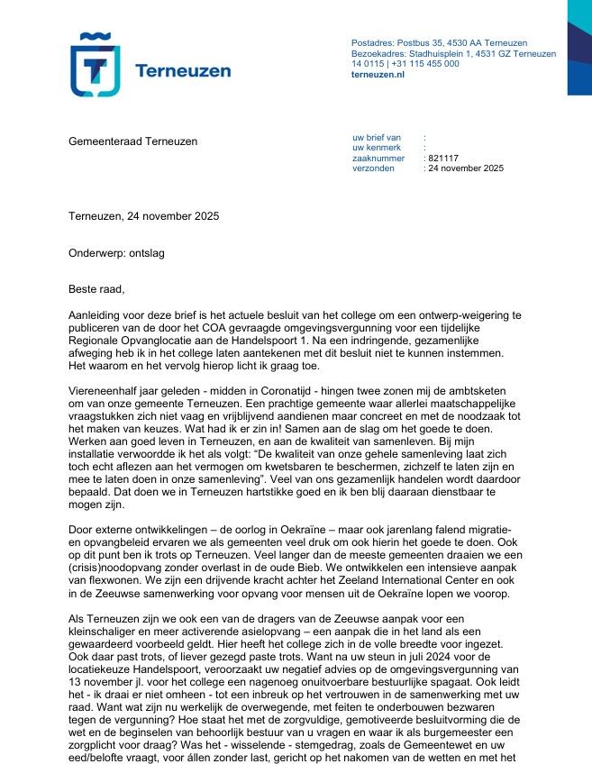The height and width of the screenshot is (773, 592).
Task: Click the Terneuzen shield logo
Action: [95, 65]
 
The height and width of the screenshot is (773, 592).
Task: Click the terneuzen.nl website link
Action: [378, 75]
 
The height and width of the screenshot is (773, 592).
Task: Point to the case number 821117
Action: [443, 158]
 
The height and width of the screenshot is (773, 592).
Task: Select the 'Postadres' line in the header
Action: [439, 43]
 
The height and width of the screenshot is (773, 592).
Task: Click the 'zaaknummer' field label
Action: [378, 158]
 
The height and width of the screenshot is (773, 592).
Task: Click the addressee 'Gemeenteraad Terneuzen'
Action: [132, 141]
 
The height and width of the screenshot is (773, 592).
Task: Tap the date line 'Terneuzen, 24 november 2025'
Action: [143, 216]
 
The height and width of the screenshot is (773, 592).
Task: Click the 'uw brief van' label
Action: [377, 137]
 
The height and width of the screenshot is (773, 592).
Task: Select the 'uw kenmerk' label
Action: [375, 147]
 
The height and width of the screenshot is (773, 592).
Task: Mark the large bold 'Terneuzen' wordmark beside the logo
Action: [182, 70]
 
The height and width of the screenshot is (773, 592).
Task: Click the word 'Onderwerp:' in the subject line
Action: [96, 253]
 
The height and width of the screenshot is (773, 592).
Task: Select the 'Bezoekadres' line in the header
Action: [453, 54]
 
